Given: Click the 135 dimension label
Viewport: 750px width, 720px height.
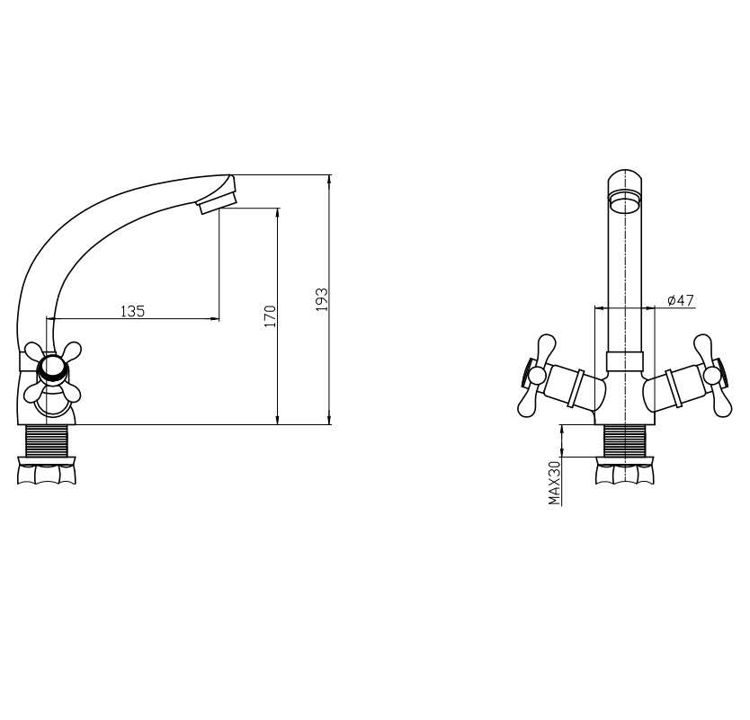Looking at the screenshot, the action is [x=132, y=311].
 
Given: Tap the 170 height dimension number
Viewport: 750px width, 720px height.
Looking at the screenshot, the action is [x=271, y=316].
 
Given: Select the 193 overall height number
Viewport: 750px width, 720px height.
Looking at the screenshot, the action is [x=322, y=299].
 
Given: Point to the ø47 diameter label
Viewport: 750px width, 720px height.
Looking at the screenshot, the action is [x=680, y=300].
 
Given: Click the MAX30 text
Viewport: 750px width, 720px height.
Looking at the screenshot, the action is [x=554, y=484].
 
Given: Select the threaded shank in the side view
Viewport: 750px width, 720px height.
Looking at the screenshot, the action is [x=47, y=440].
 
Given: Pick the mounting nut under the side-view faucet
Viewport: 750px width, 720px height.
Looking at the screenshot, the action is [x=47, y=471].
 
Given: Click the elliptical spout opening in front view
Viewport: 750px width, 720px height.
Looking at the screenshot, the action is [x=625, y=200].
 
